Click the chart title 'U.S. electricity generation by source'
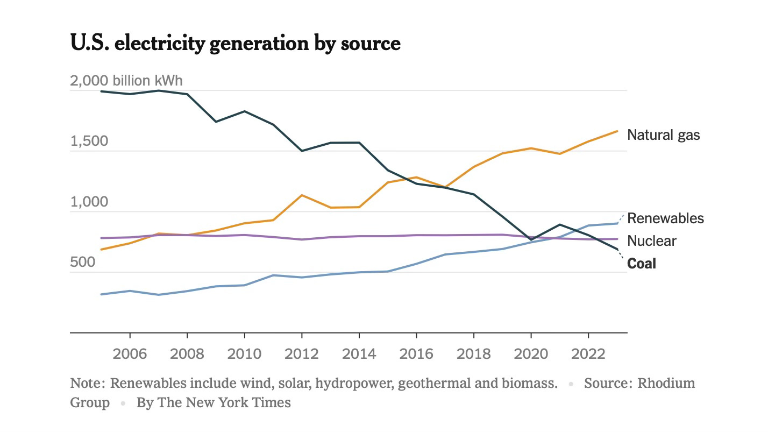point(235,43)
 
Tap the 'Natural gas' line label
point(664,135)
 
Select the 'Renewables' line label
point(665,218)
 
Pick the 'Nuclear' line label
point(652,241)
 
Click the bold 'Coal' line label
point(642,264)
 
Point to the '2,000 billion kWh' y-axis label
point(126,81)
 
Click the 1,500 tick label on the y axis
point(89,141)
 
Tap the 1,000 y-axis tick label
point(89,202)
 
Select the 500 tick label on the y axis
point(83,263)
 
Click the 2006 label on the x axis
point(130,354)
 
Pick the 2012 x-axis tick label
point(302,354)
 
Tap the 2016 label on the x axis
point(416,354)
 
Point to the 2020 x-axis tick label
point(531,354)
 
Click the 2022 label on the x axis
point(588,354)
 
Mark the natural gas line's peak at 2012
point(302,195)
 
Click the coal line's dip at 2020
point(531,239)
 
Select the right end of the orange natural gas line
point(617,131)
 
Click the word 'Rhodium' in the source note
point(666,384)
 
